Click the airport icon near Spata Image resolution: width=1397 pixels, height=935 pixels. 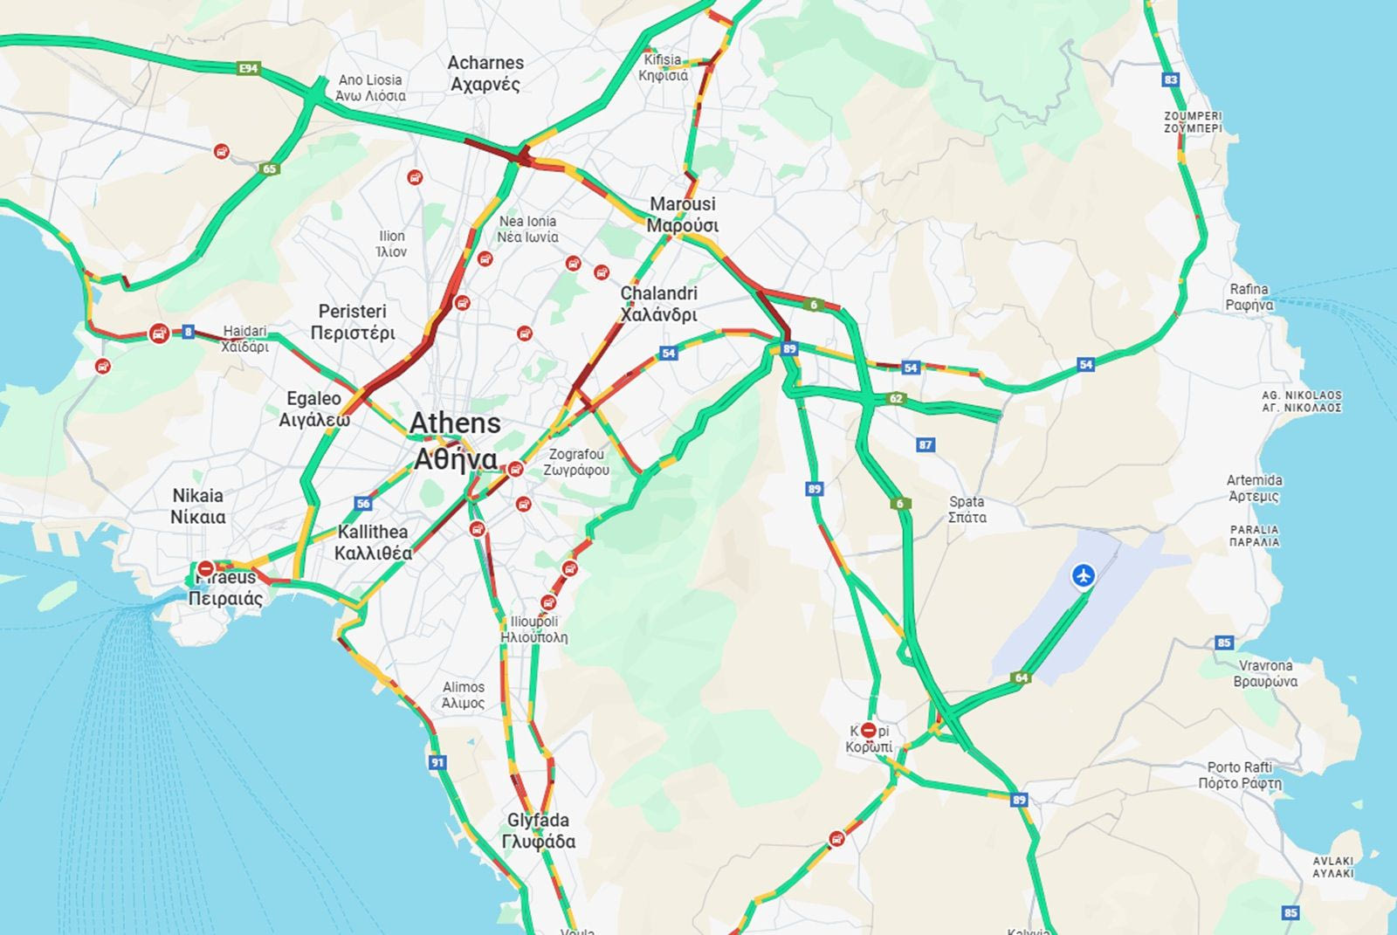pos(1084,575)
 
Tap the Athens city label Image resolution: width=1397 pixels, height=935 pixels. pos(455,441)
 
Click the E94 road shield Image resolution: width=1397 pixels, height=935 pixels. pos(249,68)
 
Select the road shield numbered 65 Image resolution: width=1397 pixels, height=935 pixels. pos(269,168)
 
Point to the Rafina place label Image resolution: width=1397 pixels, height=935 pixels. pos(1249,297)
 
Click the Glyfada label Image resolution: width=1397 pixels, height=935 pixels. pos(538,830)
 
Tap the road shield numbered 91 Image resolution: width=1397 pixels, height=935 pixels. pos(437,762)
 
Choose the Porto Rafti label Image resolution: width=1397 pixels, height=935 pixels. pos(1240,774)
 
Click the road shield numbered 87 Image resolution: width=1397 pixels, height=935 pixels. pos(926,445)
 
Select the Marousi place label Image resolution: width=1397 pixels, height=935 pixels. pos(683,214)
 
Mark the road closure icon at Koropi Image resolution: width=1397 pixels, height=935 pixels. pos(869,730)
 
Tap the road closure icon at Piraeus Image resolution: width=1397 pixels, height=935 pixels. pos(206,568)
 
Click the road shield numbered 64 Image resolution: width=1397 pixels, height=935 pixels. pos(1021,677)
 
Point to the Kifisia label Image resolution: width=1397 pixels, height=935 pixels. pos(663,67)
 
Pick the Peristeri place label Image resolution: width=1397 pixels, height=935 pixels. pos(353,321)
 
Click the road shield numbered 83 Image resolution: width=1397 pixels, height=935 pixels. pos(1171,79)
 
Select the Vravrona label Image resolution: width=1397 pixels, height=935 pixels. pos(1265,673)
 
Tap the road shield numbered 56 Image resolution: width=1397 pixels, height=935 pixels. pos(363,504)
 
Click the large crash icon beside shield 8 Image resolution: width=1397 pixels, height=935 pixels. pos(159,333)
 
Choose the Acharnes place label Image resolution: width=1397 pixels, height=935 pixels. pos(485,73)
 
